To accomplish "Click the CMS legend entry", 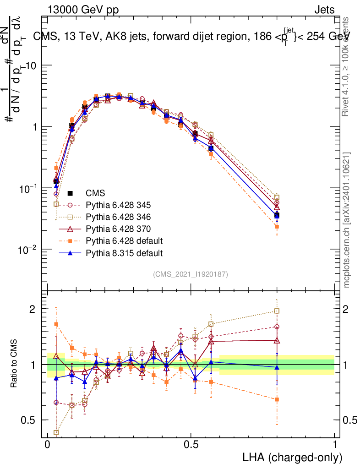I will pyautogui.click(x=95, y=193).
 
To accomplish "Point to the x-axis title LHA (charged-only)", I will pyautogui.click(x=292, y=457).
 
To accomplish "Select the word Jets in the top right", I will pyautogui.click(x=324, y=10).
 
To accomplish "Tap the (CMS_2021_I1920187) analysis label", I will pyautogui.click(x=191, y=274).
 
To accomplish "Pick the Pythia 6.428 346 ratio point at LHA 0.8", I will pyautogui.click(x=277, y=311).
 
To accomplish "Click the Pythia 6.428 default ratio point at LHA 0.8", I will pyautogui.click(x=277, y=399).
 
